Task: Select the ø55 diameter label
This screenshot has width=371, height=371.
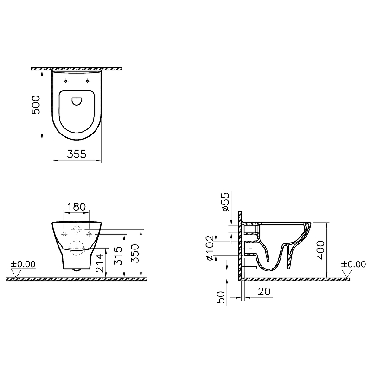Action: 224,202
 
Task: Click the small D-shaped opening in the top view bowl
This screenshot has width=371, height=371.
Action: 76,100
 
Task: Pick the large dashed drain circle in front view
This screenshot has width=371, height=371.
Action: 76,245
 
